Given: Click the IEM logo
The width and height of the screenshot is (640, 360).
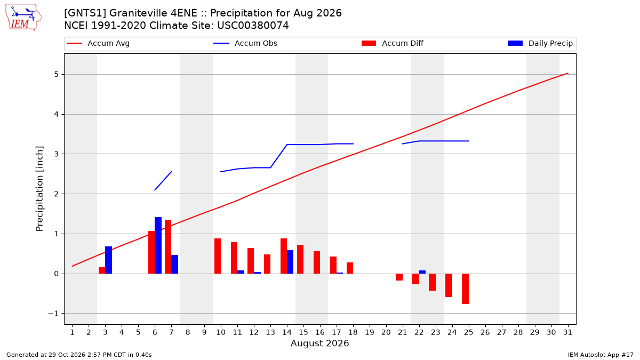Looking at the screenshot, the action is coord(23,18).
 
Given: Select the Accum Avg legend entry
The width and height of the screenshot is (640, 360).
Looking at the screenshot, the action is coord(98,43).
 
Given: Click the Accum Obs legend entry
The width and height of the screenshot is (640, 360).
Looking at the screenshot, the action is coord(245,43).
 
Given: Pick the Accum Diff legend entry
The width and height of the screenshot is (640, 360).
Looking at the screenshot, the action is coord(393,43).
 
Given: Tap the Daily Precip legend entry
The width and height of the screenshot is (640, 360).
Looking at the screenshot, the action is coord(540,43).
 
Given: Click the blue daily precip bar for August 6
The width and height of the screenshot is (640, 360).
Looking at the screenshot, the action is coord(158,245).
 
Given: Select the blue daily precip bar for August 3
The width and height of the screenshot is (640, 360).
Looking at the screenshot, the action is coord(109,260).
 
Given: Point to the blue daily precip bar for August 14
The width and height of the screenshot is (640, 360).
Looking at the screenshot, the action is coord(290,262).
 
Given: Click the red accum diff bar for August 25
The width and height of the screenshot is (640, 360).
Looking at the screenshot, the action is coord(465,289).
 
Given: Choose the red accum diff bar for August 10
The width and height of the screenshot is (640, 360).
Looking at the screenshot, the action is coord(218,256).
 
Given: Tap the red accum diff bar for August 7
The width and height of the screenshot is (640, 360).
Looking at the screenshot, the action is coord(168,247).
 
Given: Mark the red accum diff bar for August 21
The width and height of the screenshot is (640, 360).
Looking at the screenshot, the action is coord(399,277).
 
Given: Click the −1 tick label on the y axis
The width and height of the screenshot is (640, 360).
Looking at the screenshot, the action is coord(53,314).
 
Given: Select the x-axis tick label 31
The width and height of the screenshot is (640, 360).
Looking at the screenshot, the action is coord(567,332).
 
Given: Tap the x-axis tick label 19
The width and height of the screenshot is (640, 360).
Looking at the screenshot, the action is coord(370,332).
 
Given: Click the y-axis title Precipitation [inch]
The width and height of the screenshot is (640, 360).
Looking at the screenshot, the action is coord(39,189).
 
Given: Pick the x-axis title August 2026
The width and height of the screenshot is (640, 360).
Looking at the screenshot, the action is coord(319,343).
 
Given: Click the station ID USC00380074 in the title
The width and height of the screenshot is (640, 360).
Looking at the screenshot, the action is coord(253,26).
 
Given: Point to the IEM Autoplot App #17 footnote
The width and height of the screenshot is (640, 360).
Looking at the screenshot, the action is coord(601,355).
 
